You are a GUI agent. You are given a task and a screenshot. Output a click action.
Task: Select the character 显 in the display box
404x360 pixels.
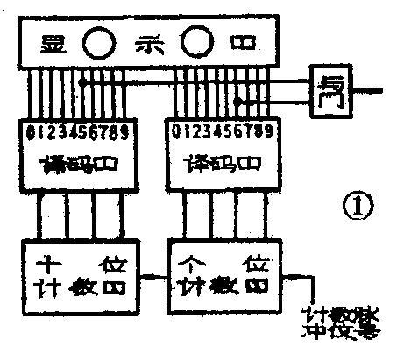point(57,42)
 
